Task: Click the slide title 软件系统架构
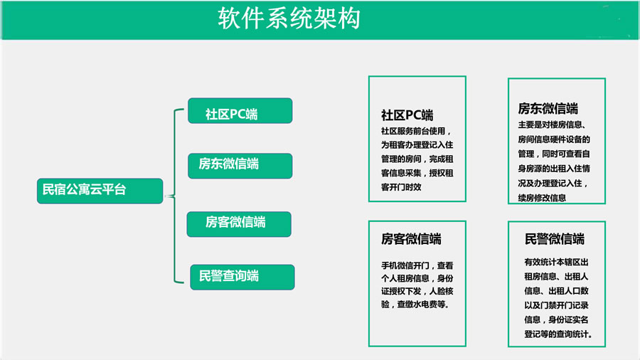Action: (289, 18)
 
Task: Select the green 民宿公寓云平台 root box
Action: (100, 191)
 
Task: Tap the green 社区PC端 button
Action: (240, 110)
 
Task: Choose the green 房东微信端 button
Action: (240, 166)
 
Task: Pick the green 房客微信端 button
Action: (239, 224)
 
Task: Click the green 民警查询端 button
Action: (242, 277)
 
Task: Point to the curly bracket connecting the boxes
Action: (175, 196)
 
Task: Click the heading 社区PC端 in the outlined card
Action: (407, 115)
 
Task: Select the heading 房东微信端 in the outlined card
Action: (548, 108)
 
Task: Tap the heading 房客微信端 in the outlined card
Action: (411, 239)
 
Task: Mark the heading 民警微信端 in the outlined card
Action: (554, 239)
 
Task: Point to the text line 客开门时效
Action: (401, 187)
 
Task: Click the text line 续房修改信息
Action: (542, 198)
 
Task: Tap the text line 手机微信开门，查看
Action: (417, 265)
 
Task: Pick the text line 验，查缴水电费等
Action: (414, 304)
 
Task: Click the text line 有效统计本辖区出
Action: (556, 262)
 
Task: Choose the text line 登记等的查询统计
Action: (557, 334)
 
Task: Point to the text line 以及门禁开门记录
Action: (556, 305)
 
